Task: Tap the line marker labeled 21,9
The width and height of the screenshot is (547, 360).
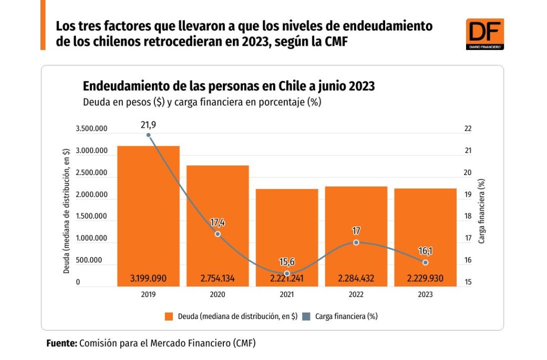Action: pyautogui.click(x=148, y=135)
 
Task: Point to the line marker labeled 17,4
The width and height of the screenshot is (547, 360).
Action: pyautogui.click(x=218, y=234)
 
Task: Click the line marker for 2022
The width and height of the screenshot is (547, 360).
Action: pyautogui.click(x=356, y=242)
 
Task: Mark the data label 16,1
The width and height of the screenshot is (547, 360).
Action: pyautogui.click(x=425, y=251)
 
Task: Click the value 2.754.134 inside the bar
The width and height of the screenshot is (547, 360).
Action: pyautogui.click(x=218, y=279)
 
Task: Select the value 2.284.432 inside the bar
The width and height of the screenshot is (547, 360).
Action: pyautogui.click(x=356, y=279)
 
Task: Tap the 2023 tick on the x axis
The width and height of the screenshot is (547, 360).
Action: pyautogui.click(x=425, y=295)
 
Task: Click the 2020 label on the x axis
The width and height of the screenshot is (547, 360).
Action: pyautogui.click(x=218, y=295)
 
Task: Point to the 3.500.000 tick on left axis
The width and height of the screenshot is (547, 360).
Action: pyautogui.click(x=91, y=129)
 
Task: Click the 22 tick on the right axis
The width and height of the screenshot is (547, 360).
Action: pyautogui.click(x=468, y=129)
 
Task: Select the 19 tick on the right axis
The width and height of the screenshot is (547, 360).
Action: pyautogui.click(x=468, y=195)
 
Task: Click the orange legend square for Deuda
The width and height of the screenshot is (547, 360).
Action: pyautogui.click(x=169, y=316)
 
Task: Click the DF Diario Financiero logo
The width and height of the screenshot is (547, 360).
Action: pyautogui.click(x=484, y=34)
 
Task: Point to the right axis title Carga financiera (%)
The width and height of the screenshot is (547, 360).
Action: pyautogui.click(x=481, y=210)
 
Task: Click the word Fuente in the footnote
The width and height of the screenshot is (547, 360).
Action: pyautogui.click(x=61, y=343)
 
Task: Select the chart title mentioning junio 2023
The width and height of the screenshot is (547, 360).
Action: pyautogui.click(x=229, y=86)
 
